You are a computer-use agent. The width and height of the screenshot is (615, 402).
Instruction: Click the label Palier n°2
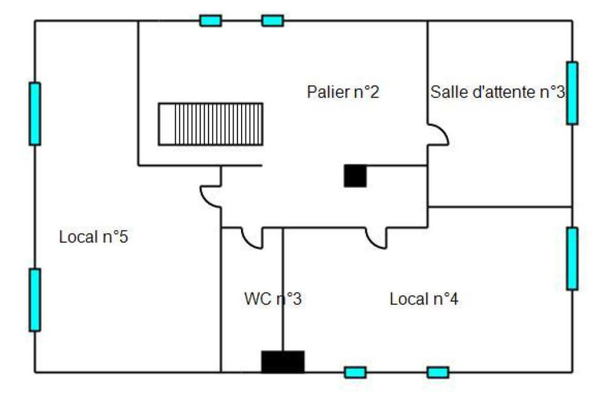click(x=343, y=92)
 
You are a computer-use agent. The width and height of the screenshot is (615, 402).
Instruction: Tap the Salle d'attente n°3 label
click(x=498, y=92)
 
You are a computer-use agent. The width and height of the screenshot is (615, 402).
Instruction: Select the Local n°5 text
click(x=93, y=237)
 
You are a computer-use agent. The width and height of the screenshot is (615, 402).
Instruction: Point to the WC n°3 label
click(x=273, y=300)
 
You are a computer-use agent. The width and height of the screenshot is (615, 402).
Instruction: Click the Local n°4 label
click(x=424, y=300)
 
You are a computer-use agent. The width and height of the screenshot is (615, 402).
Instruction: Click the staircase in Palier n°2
click(x=210, y=124)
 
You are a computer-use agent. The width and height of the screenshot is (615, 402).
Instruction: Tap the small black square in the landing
click(x=355, y=176)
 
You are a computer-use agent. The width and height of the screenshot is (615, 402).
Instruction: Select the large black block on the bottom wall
click(x=283, y=361)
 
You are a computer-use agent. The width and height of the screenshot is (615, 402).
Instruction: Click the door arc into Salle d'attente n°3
click(x=438, y=135)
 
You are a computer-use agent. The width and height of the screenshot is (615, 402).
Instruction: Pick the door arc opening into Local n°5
click(x=210, y=196)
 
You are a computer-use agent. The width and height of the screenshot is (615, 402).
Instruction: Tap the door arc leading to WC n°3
click(x=252, y=238)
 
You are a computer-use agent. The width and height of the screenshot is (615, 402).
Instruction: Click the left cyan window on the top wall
click(x=210, y=21)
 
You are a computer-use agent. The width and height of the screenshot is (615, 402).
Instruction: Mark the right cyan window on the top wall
click(x=272, y=21)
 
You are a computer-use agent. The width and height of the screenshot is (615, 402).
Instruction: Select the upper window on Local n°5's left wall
click(x=35, y=114)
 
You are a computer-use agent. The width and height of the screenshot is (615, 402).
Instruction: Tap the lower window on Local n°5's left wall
click(x=35, y=300)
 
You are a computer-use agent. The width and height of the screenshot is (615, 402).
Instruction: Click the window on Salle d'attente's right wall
click(x=572, y=93)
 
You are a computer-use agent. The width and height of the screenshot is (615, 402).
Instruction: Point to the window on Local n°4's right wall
click(x=572, y=259)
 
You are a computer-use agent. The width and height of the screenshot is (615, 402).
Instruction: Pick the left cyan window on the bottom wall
click(x=355, y=372)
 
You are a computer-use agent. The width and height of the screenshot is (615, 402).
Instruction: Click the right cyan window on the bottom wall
click(x=438, y=372)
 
